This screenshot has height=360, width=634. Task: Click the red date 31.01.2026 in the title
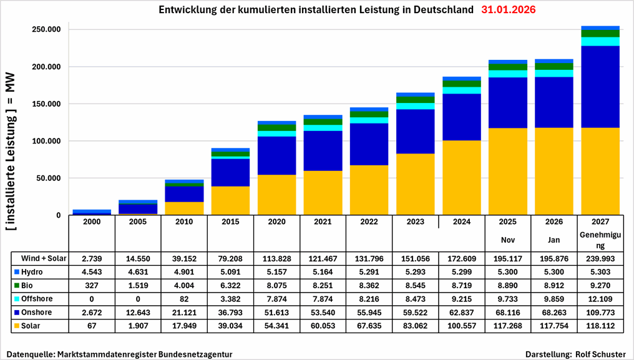pos(509,11)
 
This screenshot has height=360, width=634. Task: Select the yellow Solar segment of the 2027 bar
pos(600,171)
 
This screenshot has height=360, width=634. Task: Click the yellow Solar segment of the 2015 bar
pos(230,200)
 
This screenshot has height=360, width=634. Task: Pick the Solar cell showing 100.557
pos(462,325)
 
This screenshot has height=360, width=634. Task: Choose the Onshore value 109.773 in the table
pos(600,312)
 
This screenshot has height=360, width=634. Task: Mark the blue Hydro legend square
pos(17,272)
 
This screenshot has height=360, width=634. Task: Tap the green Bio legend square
pos(17,286)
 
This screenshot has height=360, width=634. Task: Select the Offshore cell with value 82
pos(184,299)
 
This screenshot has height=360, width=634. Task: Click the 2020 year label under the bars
pos(276,221)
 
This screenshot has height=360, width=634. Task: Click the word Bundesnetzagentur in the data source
pos(193,354)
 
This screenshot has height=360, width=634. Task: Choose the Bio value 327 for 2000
pos(92,286)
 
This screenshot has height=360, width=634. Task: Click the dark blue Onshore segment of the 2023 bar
pos(416,131)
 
